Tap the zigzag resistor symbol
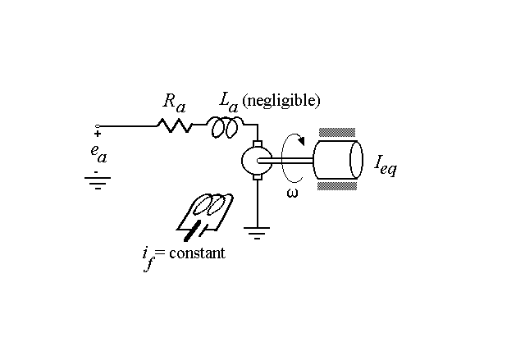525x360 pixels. point(174,125)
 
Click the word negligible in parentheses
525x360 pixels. point(281,101)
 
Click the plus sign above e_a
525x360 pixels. point(98,134)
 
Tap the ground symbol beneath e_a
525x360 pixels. point(98,181)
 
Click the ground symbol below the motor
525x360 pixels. point(258,234)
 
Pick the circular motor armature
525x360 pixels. point(257,160)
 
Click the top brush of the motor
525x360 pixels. point(257,144)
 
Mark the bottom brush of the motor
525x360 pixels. point(257,175)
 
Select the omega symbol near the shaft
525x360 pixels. point(292,193)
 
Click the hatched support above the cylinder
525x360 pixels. point(338,133)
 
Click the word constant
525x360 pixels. point(195,253)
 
